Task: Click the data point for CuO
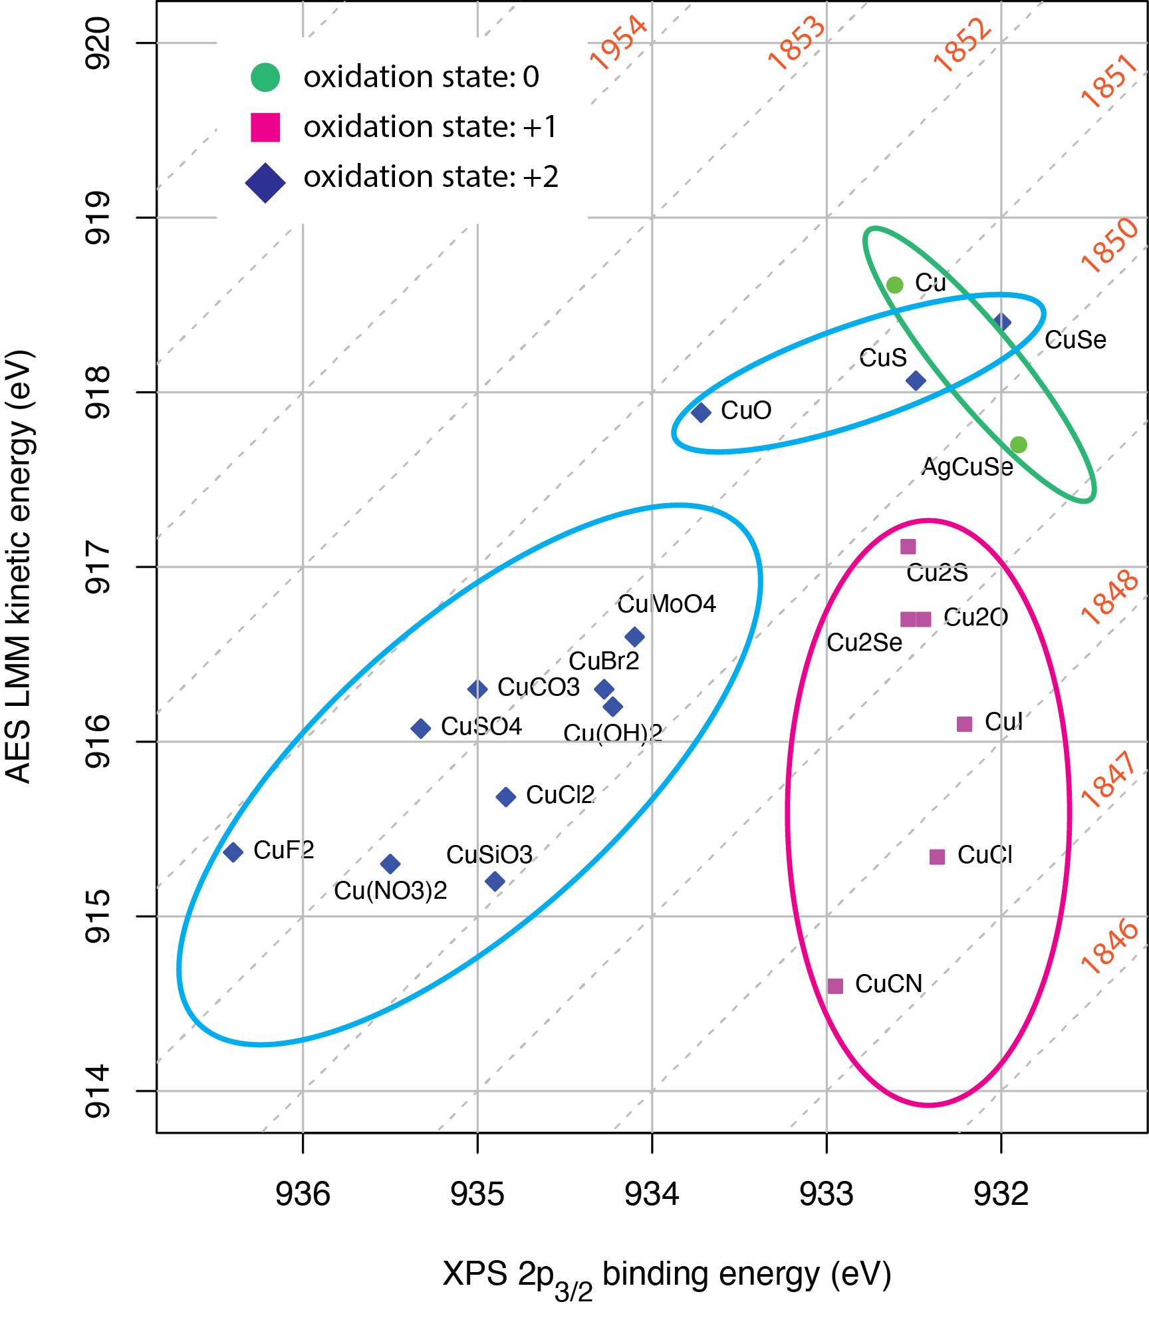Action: (x=701, y=412)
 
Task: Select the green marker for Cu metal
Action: (x=895, y=285)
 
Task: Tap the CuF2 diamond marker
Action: (x=233, y=852)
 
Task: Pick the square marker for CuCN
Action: (x=836, y=985)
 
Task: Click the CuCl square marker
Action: (x=937, y=857)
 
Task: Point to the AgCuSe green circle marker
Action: (x=1018, y=444)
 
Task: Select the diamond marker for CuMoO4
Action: (x=634, y=637)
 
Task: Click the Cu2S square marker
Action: (x=908, y=547)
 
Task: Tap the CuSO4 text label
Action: (x=481, y=727)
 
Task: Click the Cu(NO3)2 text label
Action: (x=390, y=890)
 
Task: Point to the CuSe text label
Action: (x=1075, y=340)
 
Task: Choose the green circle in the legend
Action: (x=265, y=77)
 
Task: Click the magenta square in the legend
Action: (x=265, y=127)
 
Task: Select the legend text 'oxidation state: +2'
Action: (x=431, y=177)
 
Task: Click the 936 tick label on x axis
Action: (x=303, y=1194)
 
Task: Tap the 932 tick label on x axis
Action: (x=1001, y=1194)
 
